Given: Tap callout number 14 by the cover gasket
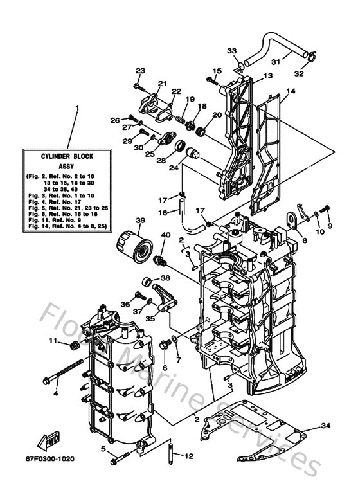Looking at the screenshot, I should (x=291, y=92).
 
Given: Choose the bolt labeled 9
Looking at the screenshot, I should (x=325, y=208).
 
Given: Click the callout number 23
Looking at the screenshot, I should (x=140, y=70).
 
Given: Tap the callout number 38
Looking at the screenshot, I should (x=165, y=278).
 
